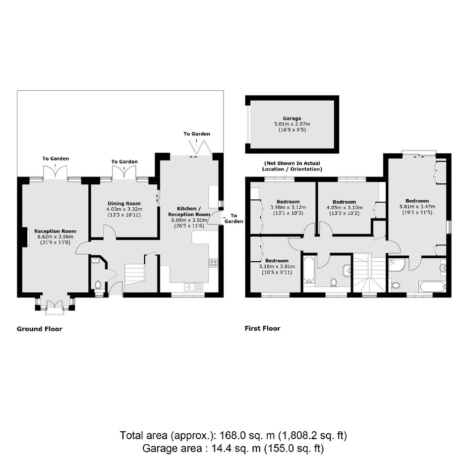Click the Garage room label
tap(292, 118)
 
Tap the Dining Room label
tap(124, 204)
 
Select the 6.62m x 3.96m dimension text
tap(56, 237)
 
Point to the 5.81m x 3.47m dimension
tap(417, 207)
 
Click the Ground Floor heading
tap(40, 329)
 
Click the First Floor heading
tap(262, 328)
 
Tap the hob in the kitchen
tap(213, 263)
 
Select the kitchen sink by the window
tap(193, 287)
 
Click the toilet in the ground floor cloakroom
tap(98, 285)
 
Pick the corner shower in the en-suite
tap(397, 265)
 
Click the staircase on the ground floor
tap(134, 274)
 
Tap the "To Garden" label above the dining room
tap(124, 162)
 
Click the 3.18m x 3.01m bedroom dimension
tap(277, 267)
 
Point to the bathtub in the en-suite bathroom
tap(432, 286)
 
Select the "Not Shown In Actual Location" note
tap(292, 166)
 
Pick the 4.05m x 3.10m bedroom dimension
tap(345, 207)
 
